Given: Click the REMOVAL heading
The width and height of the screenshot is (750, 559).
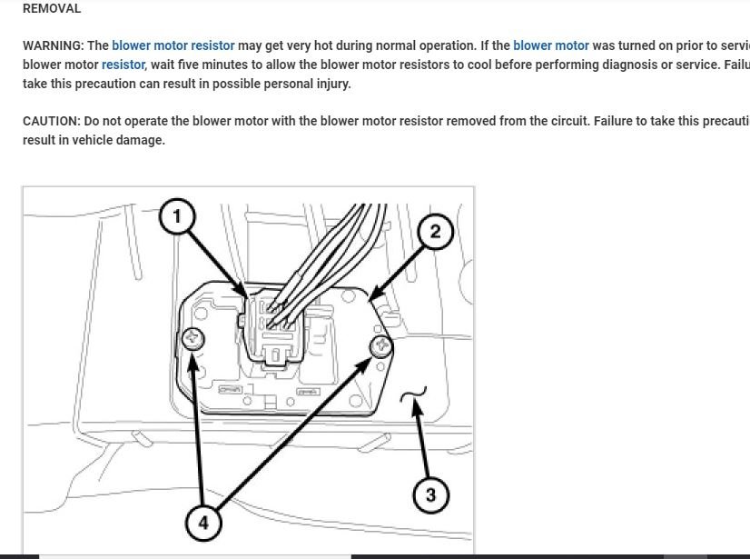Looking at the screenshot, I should (x=51, y=8).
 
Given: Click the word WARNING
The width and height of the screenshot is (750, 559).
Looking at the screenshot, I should (x=52, y=45).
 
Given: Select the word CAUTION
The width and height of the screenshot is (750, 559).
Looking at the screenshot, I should (x=50, y=121).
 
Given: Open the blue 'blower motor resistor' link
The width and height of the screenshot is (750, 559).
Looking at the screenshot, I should (x=173, y=45).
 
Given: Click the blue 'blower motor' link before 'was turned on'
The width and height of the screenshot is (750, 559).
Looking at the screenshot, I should (x=550, y=45).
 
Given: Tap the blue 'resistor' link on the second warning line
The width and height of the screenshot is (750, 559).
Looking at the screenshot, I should (x=123, y=65).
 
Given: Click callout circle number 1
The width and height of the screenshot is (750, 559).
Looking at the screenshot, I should (x=177, y=216).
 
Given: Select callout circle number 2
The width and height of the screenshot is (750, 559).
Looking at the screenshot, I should (x=435, y=232).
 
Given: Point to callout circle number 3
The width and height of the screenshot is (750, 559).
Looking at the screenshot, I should (x=430, y=495).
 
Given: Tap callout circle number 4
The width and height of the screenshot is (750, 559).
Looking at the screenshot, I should (x=203, y=524).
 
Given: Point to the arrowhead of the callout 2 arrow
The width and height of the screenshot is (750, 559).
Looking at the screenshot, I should (x=373, y=295).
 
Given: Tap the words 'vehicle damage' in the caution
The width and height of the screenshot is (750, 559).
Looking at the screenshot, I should (x=119, y=140).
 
